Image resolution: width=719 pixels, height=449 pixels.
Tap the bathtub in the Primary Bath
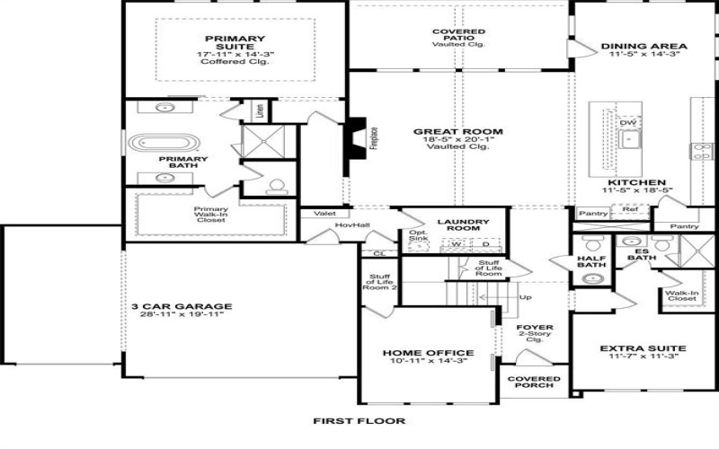click(162, 144)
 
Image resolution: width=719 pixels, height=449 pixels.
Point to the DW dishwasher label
click(628, 123)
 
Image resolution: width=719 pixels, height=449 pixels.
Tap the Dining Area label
click(644, 46)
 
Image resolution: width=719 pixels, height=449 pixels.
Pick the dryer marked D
click(486, 243)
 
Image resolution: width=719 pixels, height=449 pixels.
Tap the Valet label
click(324, 214)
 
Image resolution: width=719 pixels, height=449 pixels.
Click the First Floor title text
click(359, 420)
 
